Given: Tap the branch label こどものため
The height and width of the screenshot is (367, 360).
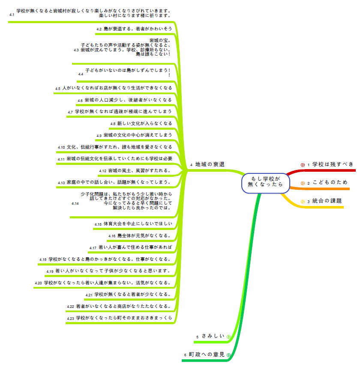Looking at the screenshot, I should (330, 182).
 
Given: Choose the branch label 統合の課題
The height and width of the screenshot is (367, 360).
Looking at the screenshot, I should (327, 201).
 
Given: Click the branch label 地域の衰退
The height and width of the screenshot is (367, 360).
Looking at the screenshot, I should (210, 164).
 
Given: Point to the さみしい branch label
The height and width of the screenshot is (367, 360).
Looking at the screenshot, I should (213, 336).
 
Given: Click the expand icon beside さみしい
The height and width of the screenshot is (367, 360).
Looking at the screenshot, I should (228, 337).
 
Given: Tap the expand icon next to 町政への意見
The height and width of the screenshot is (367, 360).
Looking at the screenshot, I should (228, 355).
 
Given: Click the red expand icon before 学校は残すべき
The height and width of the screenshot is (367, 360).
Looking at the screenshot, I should (303, 165).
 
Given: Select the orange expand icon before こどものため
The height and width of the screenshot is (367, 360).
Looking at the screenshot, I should (303, 183).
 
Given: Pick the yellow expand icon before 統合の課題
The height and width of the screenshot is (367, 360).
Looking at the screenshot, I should (303, 202).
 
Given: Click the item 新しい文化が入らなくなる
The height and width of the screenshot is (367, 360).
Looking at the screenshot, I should (144, 123).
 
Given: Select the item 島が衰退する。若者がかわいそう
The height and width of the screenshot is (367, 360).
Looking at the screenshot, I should (138, 29).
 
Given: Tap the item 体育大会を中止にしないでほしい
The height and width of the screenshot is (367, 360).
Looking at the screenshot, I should (138, 224).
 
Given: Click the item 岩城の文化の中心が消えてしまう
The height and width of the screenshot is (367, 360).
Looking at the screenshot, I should (138, 135).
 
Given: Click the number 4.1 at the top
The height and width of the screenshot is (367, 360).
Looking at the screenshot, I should (12, 15).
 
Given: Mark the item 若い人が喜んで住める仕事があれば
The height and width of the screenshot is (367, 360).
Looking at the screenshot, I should (135, 247).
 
